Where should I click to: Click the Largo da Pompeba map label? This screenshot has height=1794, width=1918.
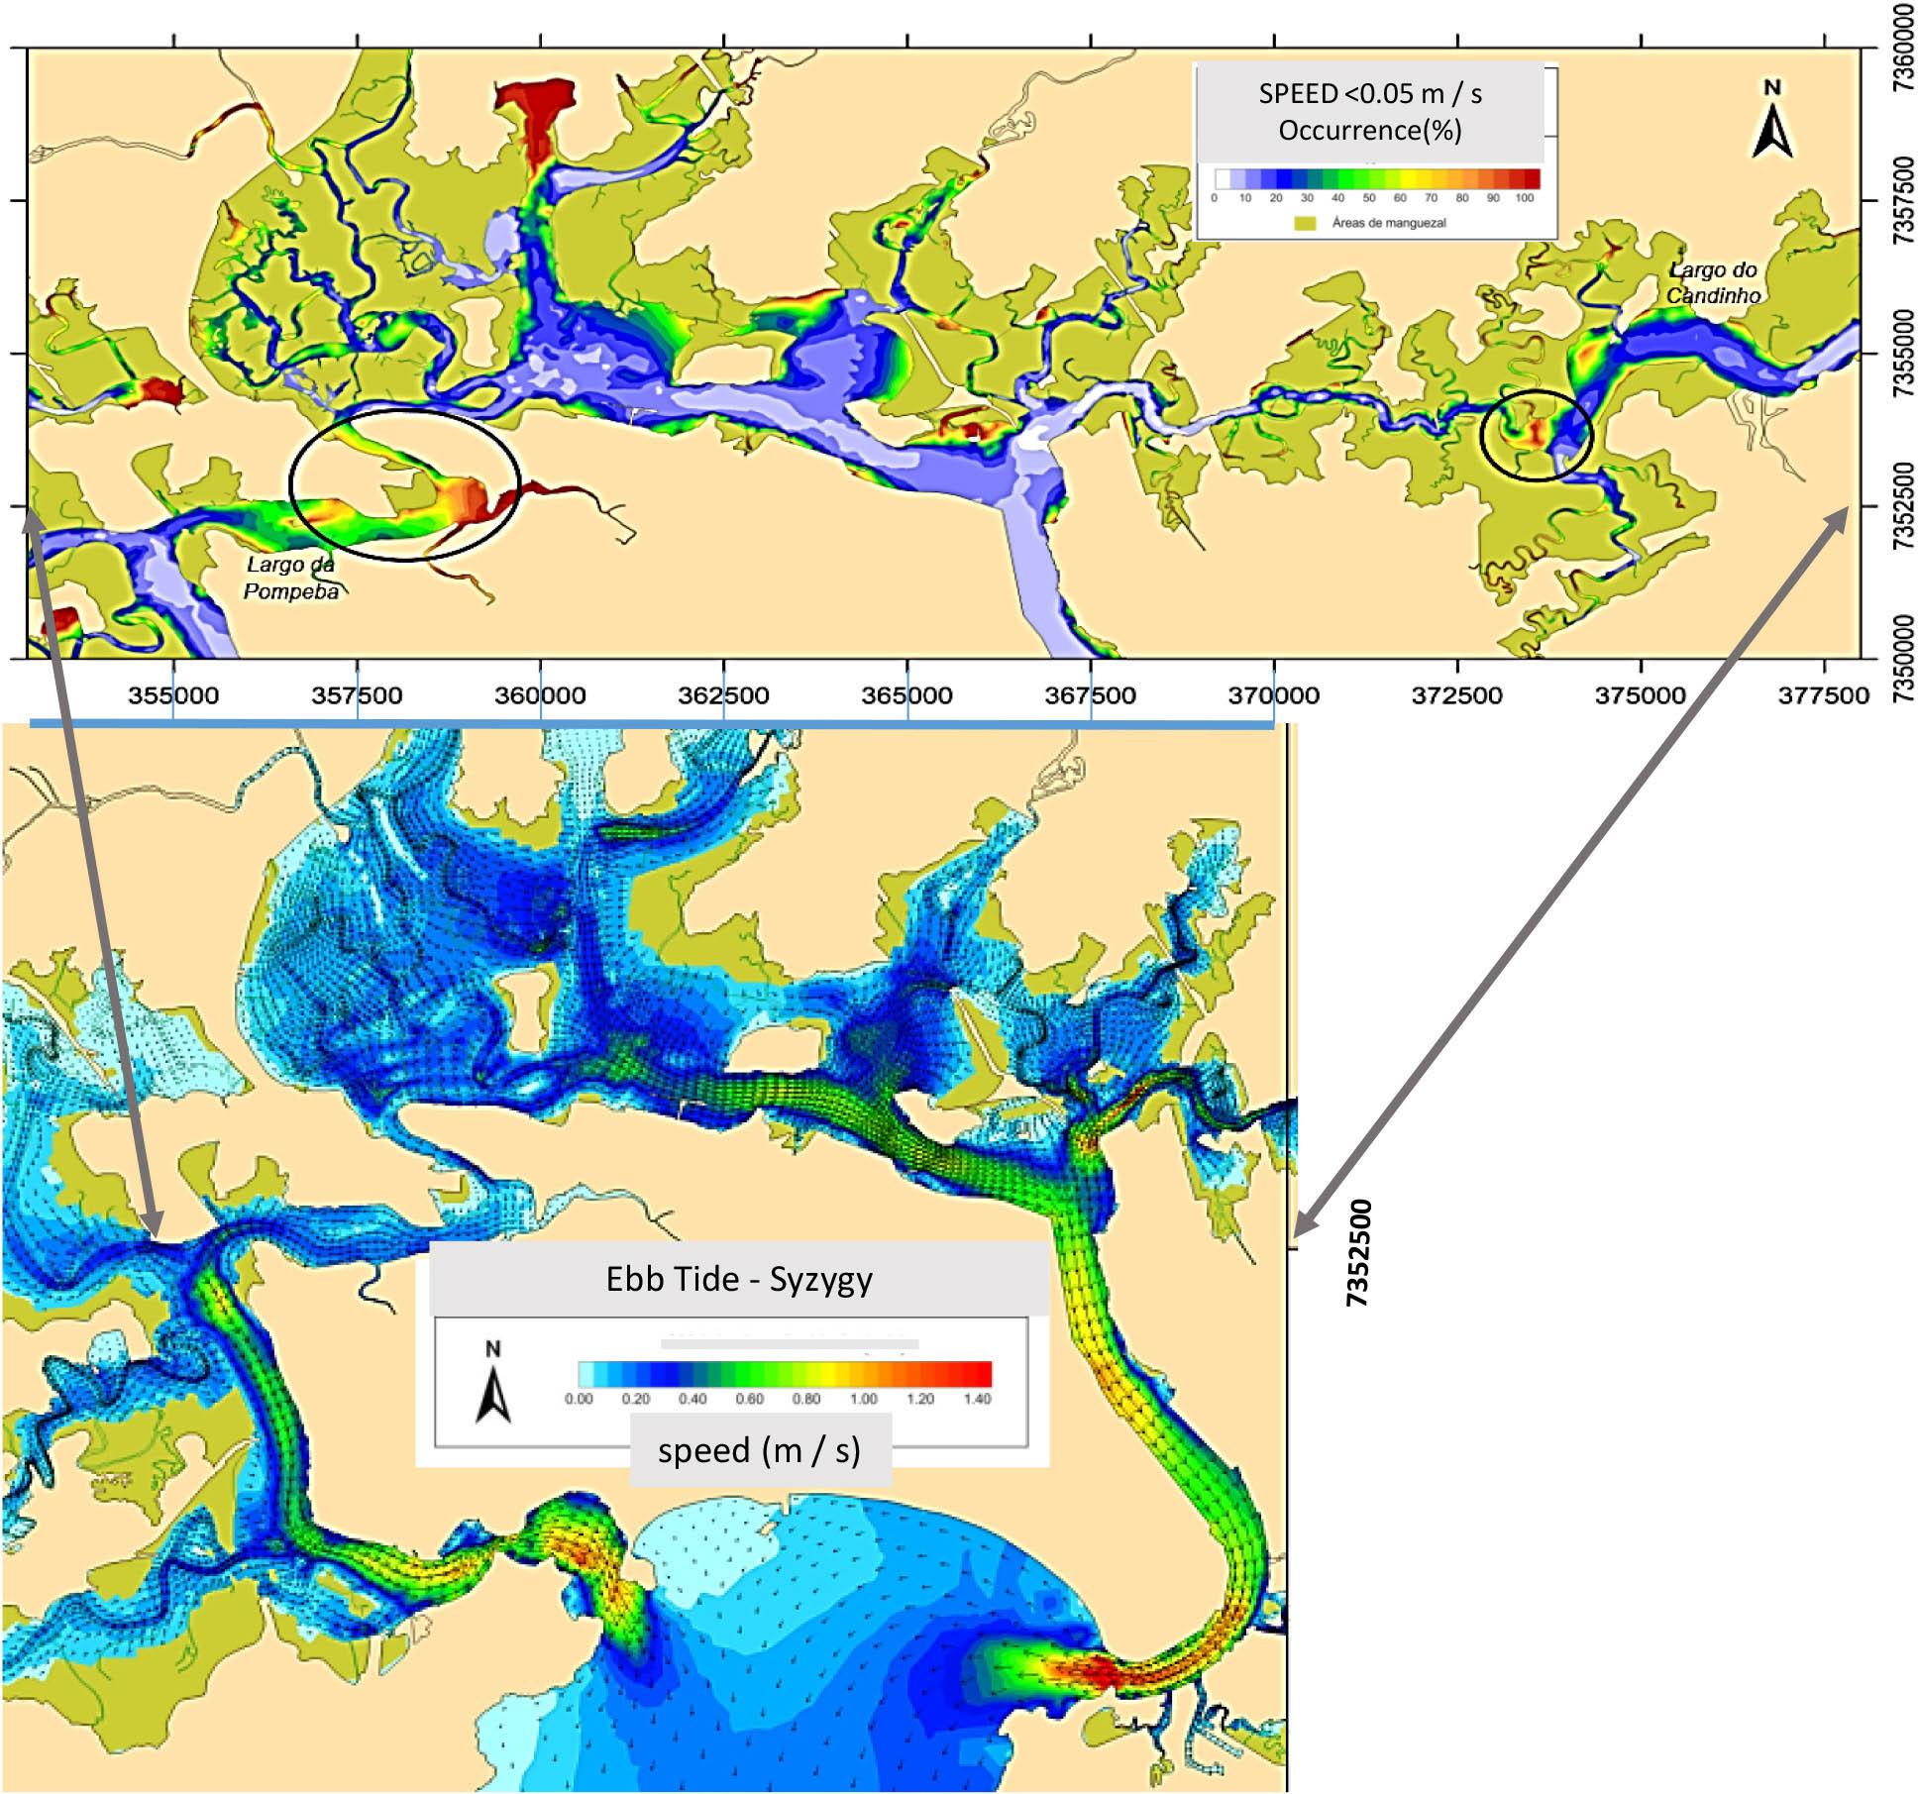[x=291, y=578]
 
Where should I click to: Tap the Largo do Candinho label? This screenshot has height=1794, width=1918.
[x=1713, y=282]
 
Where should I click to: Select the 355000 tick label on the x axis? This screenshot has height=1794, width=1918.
[x=173, y=695]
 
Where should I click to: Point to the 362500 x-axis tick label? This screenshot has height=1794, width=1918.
[x=723, y=695]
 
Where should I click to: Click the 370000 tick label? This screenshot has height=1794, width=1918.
[x=1273, y=695]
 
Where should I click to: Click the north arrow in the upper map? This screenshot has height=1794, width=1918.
[x=1772, y=121]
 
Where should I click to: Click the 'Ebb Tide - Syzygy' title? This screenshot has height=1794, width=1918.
[x=739, y=1279]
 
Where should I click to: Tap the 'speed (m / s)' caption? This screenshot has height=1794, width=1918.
[x=759, y=1450]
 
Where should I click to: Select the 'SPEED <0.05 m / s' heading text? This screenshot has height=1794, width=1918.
[x=1370, y=93]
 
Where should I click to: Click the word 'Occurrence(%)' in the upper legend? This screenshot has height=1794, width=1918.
[x=1370, y=130]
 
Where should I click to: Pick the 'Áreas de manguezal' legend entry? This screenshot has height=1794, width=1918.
[x=1388, y=223]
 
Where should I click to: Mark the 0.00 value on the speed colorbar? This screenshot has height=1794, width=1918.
[x=579, y=1399]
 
